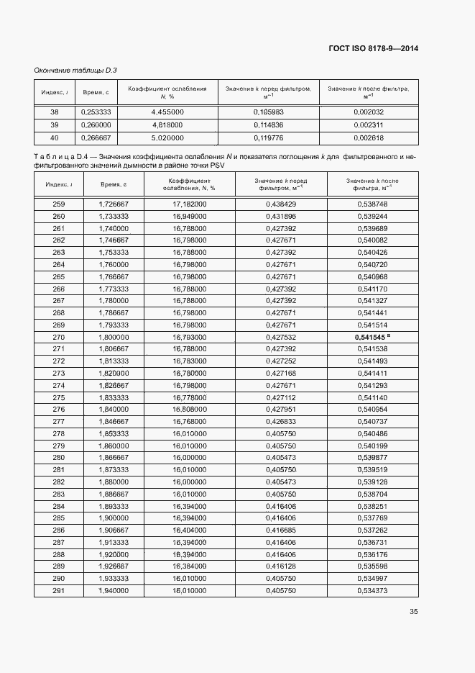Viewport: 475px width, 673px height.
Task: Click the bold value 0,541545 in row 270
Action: click(x=371, y=337)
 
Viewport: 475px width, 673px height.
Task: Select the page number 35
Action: click(x=414, y=612)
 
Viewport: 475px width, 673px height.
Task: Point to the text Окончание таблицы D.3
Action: click(x=75, y=70)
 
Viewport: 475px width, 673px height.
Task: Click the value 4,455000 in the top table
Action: click(x=167, y=112)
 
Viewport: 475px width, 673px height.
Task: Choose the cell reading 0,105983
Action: click(x=269, y=112)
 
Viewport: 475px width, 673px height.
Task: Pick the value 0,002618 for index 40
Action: click(x=369, y=137)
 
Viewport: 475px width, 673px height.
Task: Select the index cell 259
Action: click(x=58, y=204)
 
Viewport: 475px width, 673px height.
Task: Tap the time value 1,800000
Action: click(x=114, y=337)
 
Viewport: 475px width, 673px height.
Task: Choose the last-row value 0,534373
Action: click(x=372, y=590)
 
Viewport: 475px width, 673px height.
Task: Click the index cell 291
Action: click(x=58, y=590)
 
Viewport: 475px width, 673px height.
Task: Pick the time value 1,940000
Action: click(x=114, y=590)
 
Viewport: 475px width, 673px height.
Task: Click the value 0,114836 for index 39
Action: click(x=269, y=125)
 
